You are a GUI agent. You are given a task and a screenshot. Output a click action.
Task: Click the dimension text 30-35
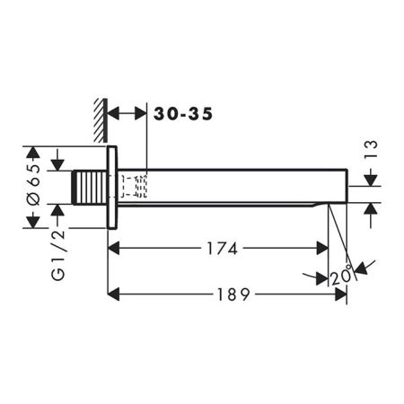click(x=183, y=114)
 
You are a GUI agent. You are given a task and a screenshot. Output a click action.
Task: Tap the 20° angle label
click(x=341, y=276)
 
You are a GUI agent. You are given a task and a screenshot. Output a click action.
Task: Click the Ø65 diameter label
click(x=34, y=187)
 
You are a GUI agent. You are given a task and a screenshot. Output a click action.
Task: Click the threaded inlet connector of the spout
click(x=88, y=187)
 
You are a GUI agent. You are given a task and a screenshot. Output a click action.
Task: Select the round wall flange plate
click(x=111, y=187)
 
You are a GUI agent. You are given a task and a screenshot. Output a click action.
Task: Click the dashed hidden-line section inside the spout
click(x=135, y=187)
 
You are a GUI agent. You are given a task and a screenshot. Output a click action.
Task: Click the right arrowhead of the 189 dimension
click(x=342, y=294)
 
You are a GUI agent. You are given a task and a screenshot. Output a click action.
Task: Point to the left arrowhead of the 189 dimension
click(x=112, y=294)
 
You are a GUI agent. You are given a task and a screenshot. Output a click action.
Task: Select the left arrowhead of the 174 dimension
click(x=113, y=249)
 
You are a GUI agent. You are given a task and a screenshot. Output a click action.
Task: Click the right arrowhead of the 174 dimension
click(x=325, y=249)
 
